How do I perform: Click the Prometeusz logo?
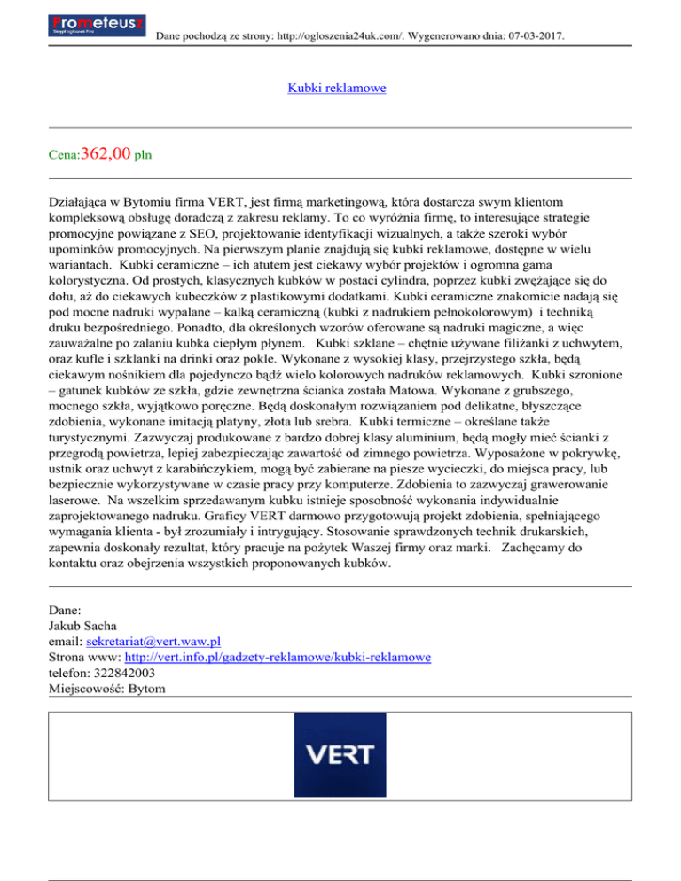(98, 24)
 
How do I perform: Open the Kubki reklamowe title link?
(337, 89)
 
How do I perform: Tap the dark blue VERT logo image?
(340, 753)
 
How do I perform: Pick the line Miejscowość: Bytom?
(106, 689)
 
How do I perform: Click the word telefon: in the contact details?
(67, 673)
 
